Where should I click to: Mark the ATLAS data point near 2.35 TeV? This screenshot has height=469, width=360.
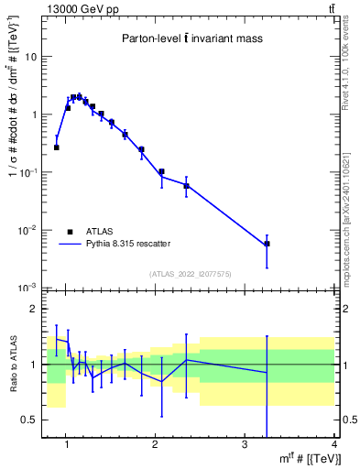pos(187,186)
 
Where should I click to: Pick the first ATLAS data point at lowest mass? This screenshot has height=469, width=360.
pos(57,147)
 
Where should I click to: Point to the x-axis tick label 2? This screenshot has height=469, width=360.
pos(155,445)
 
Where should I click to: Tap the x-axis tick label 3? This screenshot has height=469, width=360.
pos(245,445)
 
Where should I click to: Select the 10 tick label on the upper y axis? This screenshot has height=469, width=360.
pos(32,57)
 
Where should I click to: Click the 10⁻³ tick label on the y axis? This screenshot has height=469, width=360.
pos(30,288)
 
